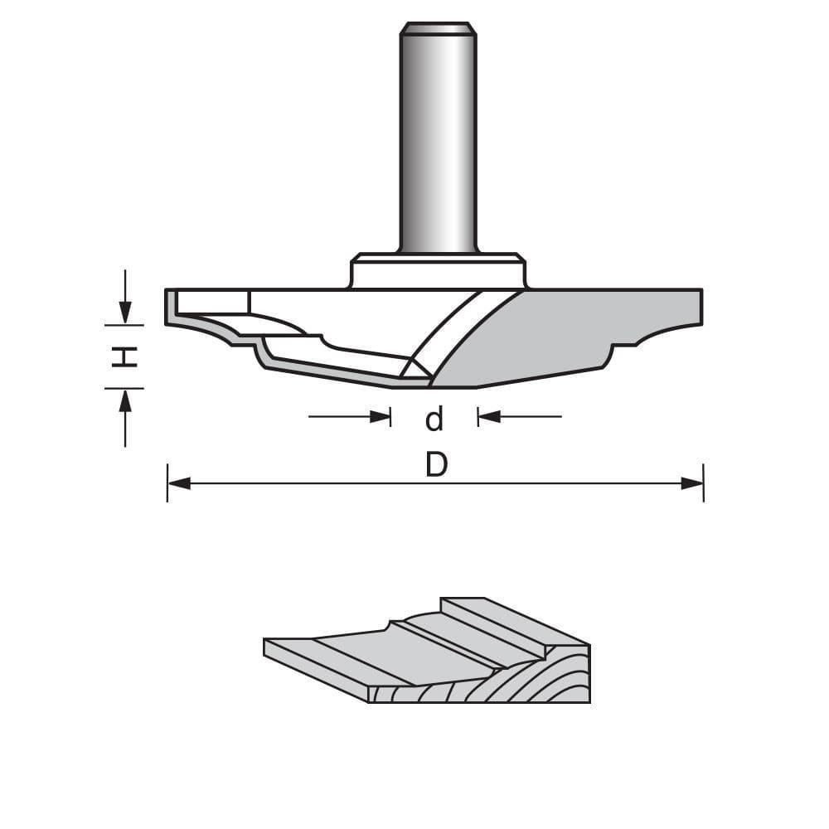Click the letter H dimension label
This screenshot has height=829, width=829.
124,356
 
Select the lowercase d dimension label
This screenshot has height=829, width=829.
434,419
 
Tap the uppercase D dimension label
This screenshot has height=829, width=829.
436,466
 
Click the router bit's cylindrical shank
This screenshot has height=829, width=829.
438,141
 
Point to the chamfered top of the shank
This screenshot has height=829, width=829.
438,28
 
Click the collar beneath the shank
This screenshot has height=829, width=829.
437,272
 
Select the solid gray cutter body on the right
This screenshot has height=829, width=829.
580,332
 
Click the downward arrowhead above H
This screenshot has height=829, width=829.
124,313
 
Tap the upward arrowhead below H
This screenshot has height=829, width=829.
124,400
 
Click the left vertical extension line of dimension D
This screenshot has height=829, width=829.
167,483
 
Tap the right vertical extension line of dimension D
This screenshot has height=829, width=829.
703,483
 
